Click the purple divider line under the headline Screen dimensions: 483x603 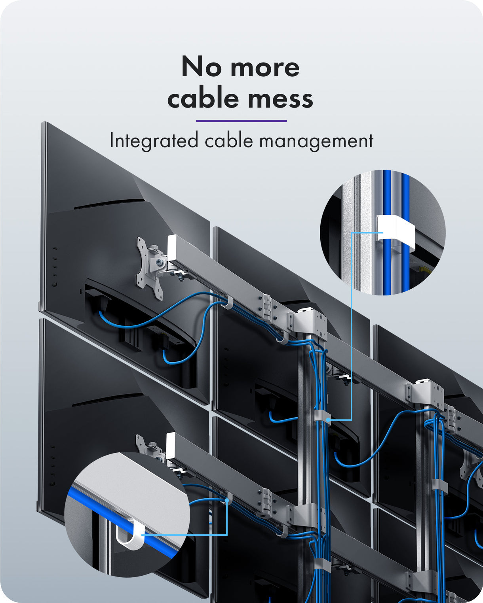click(241, 121)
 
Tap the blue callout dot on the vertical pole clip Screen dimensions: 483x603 click(328, 420)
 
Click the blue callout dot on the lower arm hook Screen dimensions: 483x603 click(227, 500)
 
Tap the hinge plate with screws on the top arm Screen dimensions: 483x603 click(266, 307)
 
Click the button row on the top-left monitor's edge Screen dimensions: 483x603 click(55, 266)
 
